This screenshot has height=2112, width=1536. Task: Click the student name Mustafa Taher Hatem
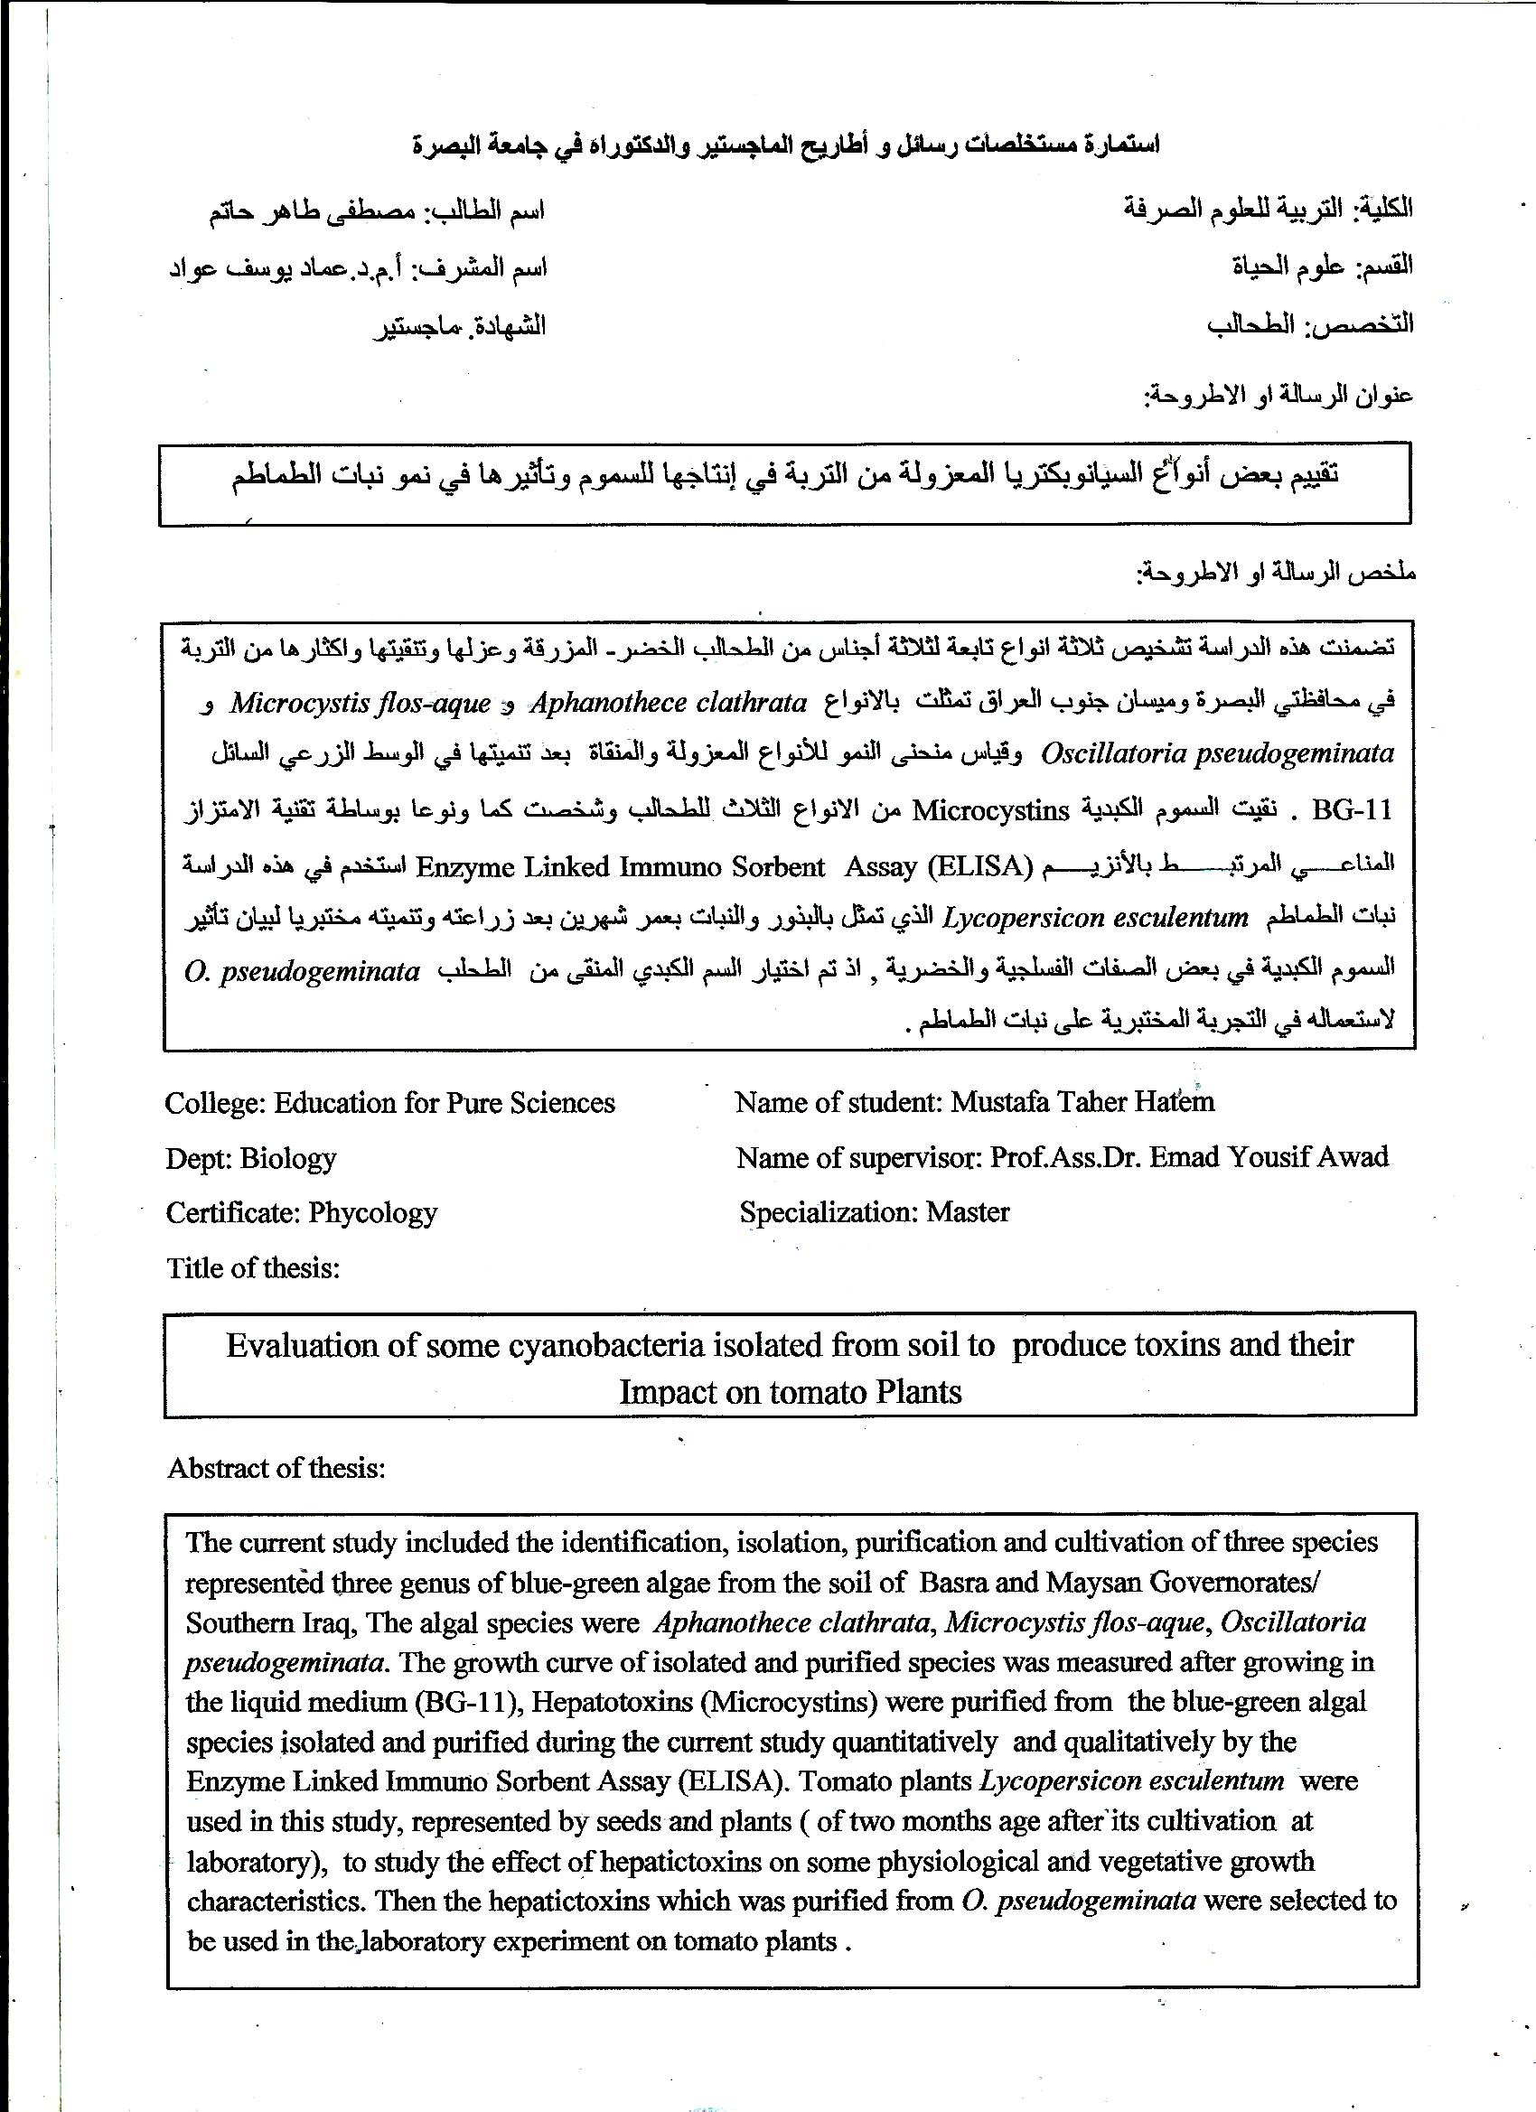tap(1082, 1103)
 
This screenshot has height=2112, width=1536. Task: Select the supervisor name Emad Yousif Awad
tap(1269, 1157)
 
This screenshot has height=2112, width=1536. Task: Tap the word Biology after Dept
tap(288, 1158)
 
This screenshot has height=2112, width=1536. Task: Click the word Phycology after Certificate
tap(372, 1213)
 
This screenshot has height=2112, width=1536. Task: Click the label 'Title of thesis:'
tap(252, 1268)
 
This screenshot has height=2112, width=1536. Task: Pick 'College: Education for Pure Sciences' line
tap(389, 1104)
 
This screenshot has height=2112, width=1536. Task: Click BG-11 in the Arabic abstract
tap(1352, 811)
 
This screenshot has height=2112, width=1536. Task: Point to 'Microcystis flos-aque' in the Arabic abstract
tap(361, 703)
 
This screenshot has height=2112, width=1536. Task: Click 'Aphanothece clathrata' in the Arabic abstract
tap(668, 703)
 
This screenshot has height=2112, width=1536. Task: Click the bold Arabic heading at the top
tap(786, 145)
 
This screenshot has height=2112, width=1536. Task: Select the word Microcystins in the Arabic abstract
tap(990, 811)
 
